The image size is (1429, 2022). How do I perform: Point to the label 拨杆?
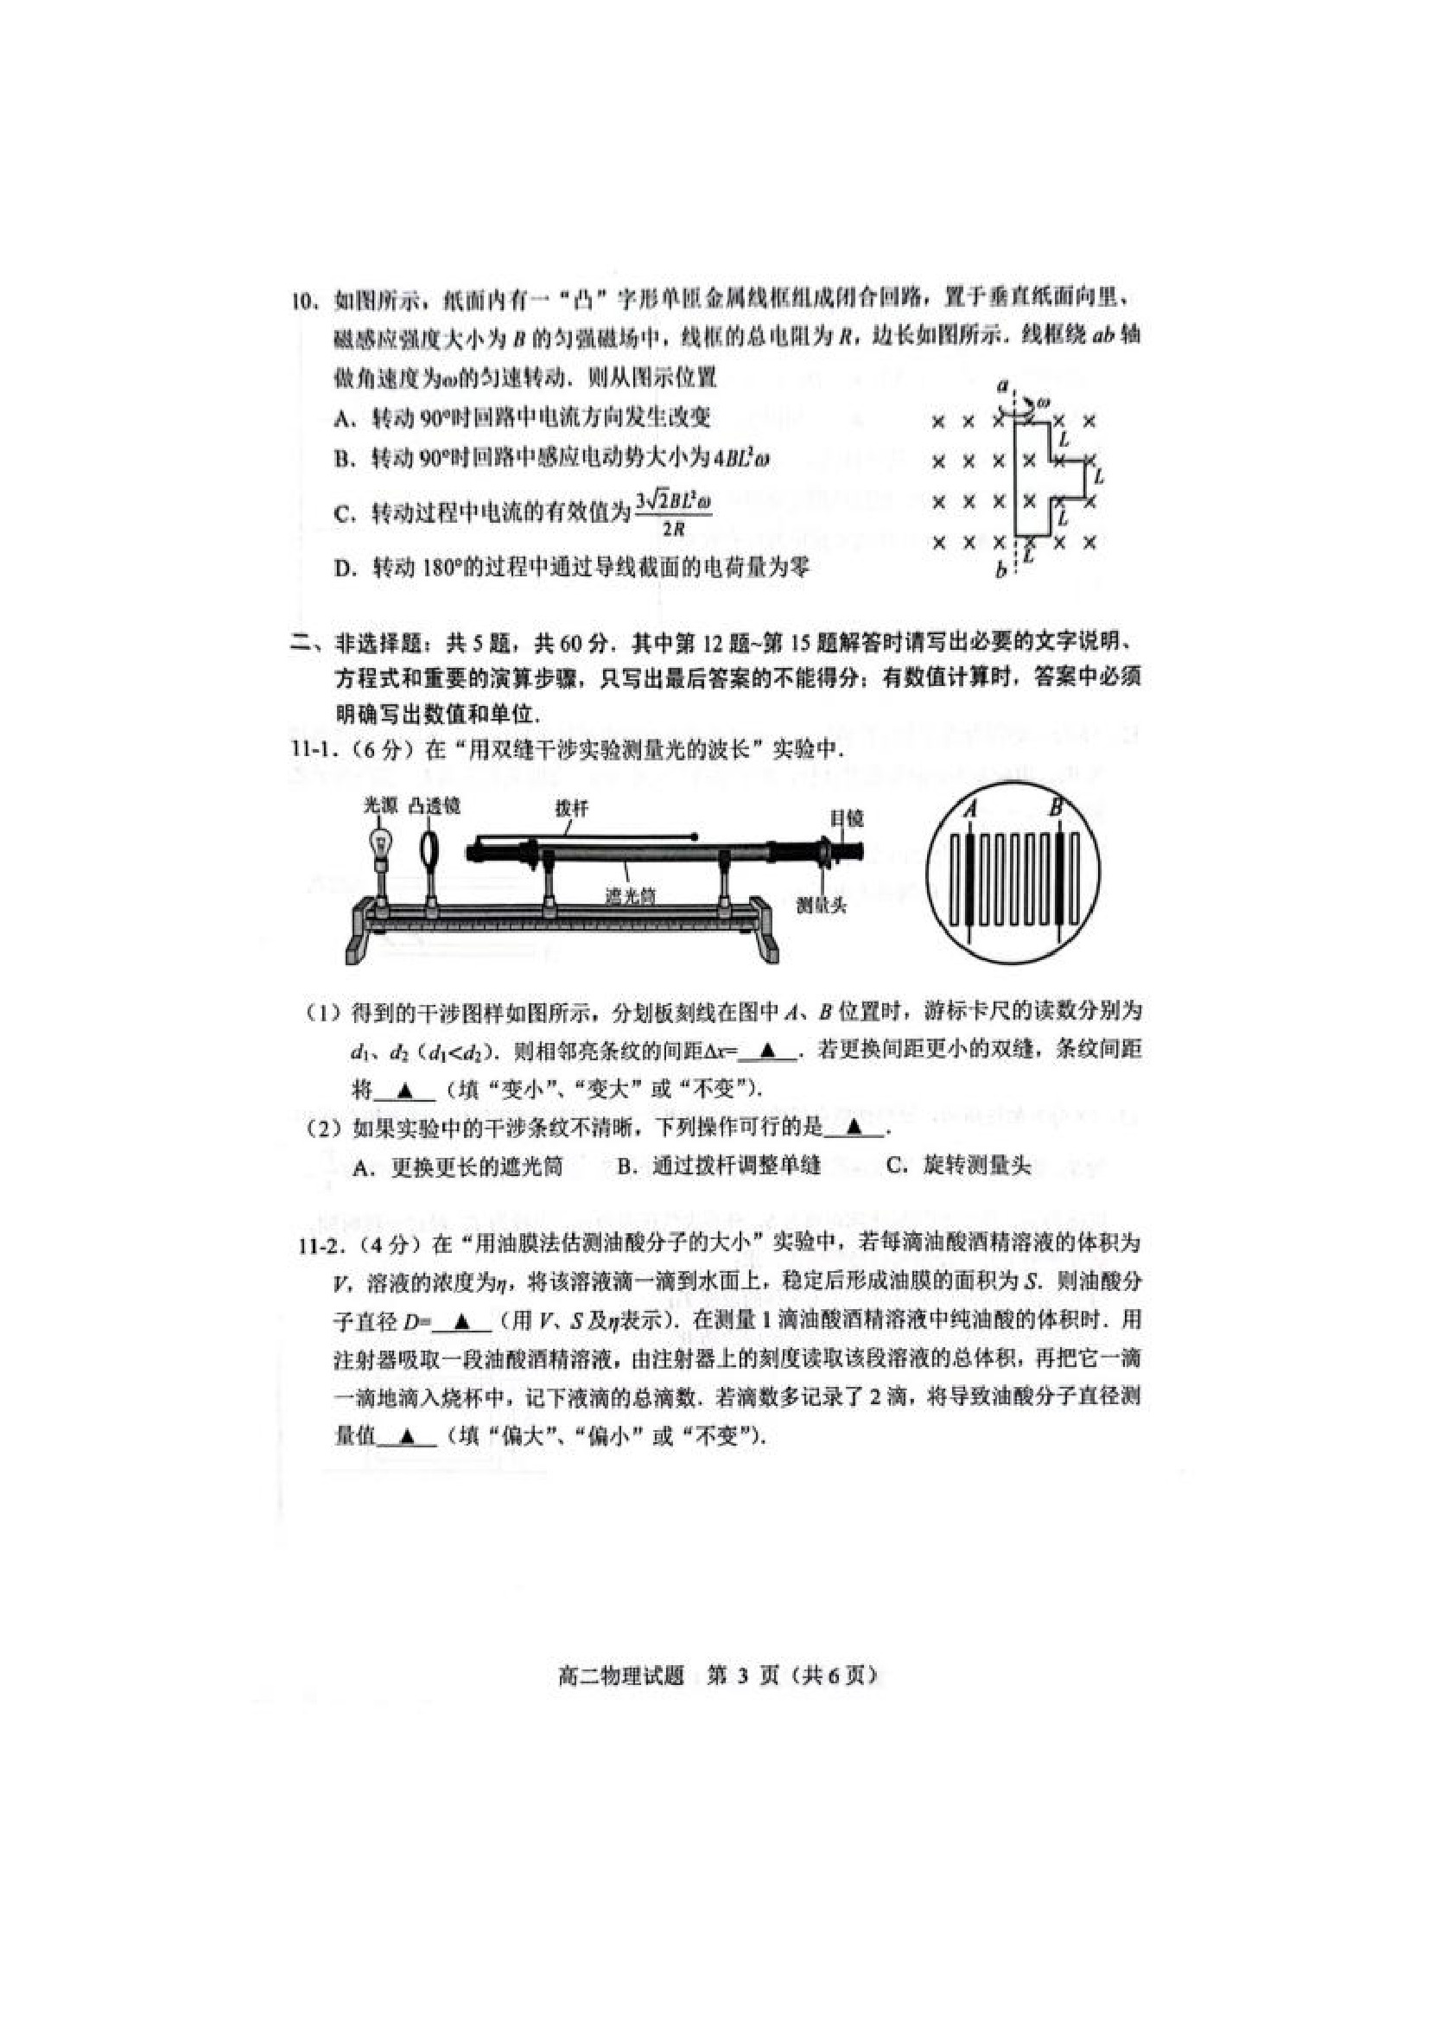pyautogui.click(x=570, y=808)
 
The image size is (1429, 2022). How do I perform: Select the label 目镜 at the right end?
pyautogui.click(x=846, y=818)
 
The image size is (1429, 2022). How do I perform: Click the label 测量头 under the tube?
pyautogui.click(x=821, y=905)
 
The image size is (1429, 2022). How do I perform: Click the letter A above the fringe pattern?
pyautogui.click(x=970, y=808)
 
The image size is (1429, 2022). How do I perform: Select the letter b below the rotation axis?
pyautogui.click(x=1001, y=570)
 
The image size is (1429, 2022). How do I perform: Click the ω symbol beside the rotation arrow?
pyautogui.click(x=1044, y=404)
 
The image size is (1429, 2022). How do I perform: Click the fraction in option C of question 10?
pyautogui.click(x=673, y=513)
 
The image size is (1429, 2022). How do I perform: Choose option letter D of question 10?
pyautogui.click(x=342, y=568)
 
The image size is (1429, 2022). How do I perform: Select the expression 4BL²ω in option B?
pyautogui.click(x=740, y=458)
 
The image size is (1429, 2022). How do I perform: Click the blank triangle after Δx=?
pyautogui.click(x=768, y=1050)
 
